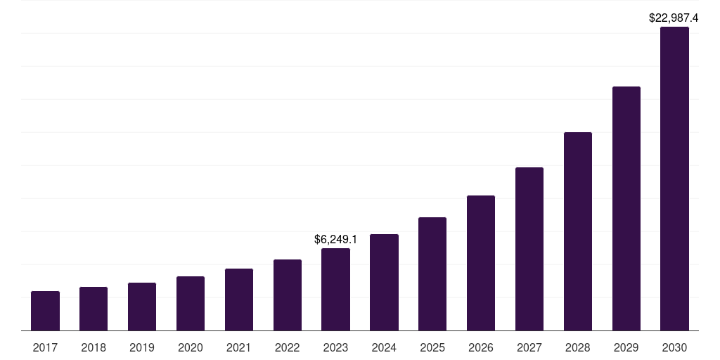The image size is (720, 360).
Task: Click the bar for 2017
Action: click(x=45, y=311)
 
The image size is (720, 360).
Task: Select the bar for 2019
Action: click(x=142, y=307)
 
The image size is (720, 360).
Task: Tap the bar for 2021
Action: click(x=239, y=300)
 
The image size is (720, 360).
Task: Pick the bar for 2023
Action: click(x=335, y=289)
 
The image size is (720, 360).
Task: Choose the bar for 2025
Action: click(x=432, y=274)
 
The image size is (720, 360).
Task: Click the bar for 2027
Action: click(x=529, y=249)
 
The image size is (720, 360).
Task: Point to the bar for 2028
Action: click(x=578, y=231)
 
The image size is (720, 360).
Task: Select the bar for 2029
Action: click(x=626, y=208)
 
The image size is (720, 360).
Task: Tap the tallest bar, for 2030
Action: click(x=674, y=179)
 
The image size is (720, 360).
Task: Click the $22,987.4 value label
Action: click(x=674, y=18)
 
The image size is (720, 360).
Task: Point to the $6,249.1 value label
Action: click(x=335, y=240)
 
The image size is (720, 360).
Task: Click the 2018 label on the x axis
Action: click(x=94, y=347)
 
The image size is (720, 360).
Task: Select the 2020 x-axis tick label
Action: click(x=191, y=347)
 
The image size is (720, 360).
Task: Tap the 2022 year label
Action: click(x=288, y=347)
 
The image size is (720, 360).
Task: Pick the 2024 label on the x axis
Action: click(x=384, y=347)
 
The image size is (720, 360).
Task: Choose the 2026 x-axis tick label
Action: click(x=481, y=347)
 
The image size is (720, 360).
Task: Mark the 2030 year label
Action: click(x=674, y=347)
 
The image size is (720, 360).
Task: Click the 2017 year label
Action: click(x=45, y=347)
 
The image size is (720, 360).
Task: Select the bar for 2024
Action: click(x=384, y=282)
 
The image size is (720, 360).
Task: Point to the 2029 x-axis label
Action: click(x=626, y=347)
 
